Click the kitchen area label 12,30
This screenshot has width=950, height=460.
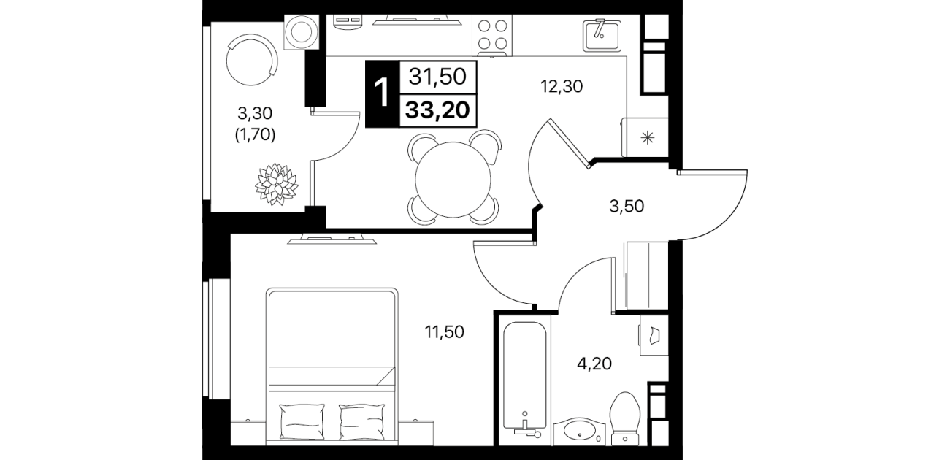562,87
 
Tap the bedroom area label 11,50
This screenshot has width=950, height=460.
445,332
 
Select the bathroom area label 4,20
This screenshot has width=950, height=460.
594,364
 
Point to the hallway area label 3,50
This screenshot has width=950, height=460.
627,206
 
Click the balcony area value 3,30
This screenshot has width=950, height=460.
255,113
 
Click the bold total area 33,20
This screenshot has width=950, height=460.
437,110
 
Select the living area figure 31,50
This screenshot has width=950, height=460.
437,77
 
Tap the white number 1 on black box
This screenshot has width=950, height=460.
383,94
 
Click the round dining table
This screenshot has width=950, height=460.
453,180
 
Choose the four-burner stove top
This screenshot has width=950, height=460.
492,35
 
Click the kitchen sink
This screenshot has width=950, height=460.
602,35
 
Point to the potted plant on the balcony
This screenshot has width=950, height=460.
277,184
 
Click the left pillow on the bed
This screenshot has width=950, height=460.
302,421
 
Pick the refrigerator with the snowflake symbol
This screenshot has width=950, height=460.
645,137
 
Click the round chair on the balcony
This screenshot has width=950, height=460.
251,61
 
